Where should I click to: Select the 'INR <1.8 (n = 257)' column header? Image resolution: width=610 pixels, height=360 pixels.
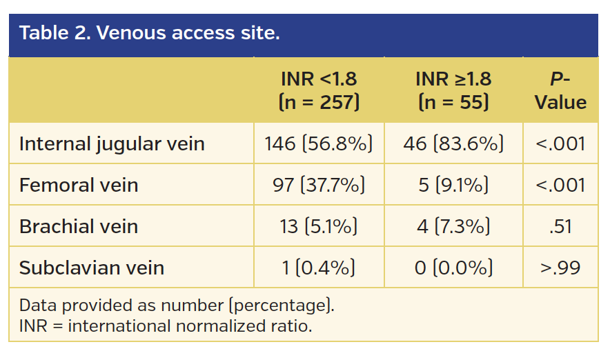pos(319,90)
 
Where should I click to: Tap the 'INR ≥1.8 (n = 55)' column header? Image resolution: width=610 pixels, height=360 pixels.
pos(453,90)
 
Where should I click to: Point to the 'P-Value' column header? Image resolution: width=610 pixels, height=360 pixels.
pos(560,90)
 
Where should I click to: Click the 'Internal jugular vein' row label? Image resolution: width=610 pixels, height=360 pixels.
pos(112,143)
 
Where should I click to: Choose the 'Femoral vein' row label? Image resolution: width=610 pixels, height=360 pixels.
pos(79,185)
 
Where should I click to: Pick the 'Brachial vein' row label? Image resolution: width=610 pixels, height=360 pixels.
pos(79,226)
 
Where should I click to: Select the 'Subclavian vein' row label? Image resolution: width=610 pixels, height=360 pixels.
pos(92,268)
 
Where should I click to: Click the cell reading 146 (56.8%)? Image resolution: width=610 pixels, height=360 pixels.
pos(319,143)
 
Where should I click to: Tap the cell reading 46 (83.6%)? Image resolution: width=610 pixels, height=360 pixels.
pos(453,143)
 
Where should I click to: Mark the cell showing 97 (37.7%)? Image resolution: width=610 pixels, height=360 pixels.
pos(319,185)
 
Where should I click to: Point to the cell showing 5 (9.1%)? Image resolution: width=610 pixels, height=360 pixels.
pos(453,185)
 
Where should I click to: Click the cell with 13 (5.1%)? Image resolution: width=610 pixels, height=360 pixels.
pos(319,226)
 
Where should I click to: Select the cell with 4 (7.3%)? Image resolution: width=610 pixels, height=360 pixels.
pos(453,226)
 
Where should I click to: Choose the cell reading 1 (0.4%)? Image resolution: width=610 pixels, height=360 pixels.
pos(319,268)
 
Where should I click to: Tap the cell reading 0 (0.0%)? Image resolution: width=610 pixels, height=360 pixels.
pos(453,268)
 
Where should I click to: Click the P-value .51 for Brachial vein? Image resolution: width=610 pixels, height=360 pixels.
pos(560,226)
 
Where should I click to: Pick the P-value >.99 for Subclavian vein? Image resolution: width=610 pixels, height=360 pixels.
pos(560,268)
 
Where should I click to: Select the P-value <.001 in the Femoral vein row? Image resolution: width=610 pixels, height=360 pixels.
pos(560,185)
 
